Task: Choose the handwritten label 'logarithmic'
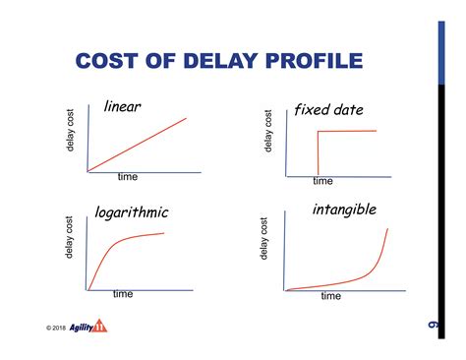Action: tap(132, 211)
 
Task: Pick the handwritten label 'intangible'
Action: tap(344, 210)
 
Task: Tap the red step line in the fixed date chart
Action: tap(344, 131)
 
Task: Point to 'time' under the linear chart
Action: tap(128, 177)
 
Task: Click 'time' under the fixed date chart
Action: tap(323, 181)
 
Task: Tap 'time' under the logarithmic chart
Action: tap(123, 294)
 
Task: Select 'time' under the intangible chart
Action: tap(330, 296)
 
